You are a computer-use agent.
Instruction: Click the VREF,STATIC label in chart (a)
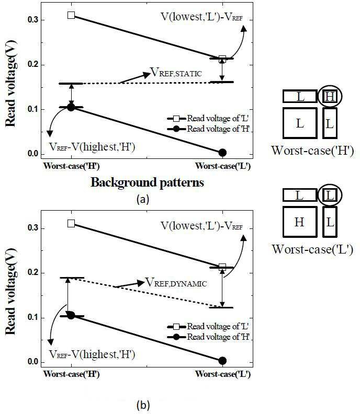click(x=176, y=72)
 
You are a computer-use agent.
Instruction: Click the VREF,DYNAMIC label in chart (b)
click(x=176, y=283)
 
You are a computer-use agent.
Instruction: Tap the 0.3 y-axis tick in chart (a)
click(x=32, y=20)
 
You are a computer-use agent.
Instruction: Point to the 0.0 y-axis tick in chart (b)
click(x=32, y=362)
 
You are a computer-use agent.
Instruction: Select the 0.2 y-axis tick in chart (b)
click(x=32, y=273)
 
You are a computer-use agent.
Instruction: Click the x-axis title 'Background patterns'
click(x=147, y=183)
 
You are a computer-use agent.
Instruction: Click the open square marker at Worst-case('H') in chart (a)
click(x=71, y=15)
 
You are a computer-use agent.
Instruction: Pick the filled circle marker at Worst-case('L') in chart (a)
click(x=222, y=152)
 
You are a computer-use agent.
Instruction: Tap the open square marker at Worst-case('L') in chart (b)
click(x=222, y=267)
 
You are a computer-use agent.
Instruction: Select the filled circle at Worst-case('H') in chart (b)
click(x=71, y=315)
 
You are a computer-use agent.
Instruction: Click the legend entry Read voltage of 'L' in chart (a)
click(x=208, y=119)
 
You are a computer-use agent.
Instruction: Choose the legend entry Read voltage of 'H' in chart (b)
click(x=208, y=337)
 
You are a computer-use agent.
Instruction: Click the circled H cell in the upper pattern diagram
click(x=330, y=96)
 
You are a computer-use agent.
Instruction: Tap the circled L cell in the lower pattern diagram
click(x=330, y=195)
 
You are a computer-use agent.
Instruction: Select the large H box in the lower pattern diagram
click(x=300, y=222)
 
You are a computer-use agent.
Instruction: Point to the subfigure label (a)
click(x=143, y=199)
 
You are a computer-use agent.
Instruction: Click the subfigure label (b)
click(x=143, y=405)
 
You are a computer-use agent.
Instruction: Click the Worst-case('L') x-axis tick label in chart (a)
click(x=223, y=166)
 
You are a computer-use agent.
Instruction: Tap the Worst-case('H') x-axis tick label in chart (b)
click(x=71, y=374)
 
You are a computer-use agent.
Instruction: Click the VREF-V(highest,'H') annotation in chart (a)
click(x=92, y=146)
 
